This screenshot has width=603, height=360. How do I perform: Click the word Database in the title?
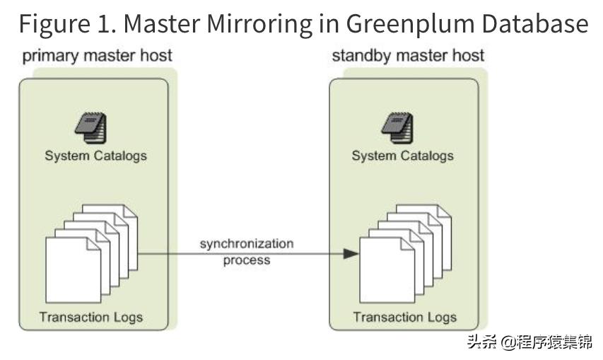535,24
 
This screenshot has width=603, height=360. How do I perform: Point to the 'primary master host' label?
98,56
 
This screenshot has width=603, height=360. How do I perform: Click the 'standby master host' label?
408,56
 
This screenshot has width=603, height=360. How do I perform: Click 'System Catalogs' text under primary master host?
95,156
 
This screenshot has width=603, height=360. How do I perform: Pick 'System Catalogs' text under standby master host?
402,156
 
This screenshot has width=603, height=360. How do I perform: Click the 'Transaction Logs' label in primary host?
91,316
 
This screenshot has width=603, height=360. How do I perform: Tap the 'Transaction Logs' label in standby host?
404,317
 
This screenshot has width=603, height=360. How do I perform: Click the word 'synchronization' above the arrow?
246,243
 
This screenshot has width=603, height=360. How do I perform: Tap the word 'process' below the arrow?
247,260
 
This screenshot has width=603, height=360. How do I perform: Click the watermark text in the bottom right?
528,342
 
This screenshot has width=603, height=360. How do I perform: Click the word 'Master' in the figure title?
164,24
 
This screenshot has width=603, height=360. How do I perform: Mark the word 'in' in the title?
329,24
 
